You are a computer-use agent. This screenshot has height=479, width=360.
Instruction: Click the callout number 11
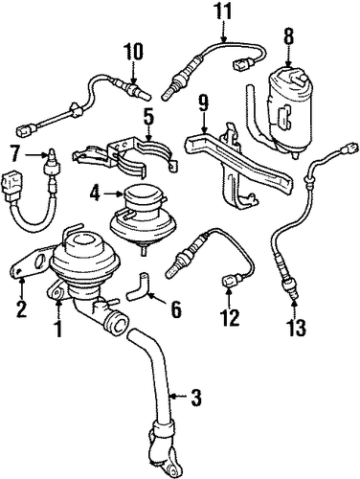click(223, 11)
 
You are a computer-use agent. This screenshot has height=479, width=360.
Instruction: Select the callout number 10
click(133, 52)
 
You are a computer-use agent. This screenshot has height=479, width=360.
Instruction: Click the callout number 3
click(197, 398)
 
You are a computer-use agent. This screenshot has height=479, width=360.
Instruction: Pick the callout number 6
click(176, 309)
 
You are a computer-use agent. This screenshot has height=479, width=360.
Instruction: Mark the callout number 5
click(149, 117)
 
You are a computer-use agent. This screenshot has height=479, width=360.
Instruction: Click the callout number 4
click(96, 194)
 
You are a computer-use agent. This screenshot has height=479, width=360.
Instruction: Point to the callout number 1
click(58, 329)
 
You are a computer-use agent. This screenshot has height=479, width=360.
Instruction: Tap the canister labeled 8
click(290, 110)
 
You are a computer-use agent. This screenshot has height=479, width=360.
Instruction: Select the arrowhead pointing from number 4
click(120, 194)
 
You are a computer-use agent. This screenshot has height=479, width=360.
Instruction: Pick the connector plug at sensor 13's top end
click(349, 148)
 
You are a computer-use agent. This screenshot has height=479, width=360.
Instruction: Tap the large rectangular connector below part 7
click(12, 184)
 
